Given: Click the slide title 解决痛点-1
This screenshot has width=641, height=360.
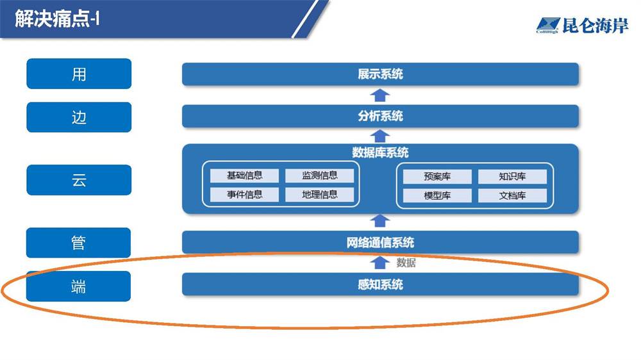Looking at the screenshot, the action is tap(57, 19).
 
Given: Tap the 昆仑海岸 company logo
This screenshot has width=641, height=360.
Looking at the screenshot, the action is tap(582, 26).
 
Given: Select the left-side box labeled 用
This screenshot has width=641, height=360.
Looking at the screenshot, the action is tap(79, 74).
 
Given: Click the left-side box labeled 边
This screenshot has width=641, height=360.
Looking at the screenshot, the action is tap(79, 117).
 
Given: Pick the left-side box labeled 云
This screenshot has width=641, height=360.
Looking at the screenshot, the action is tap(79, 180).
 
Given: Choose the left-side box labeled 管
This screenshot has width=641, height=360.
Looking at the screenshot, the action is tap(78, 243).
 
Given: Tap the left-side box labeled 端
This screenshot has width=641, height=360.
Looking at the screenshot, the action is tap(78, 286).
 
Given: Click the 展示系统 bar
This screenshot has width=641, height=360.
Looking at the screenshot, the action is tap(380, 74).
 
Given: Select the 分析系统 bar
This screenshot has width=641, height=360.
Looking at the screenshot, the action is tap(380, 116).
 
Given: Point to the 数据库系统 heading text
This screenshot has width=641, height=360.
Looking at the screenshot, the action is tap(380, 153).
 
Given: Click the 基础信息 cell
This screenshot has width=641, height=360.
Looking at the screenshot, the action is tap(244, 176).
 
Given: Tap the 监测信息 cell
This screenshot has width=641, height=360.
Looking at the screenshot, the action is tap(320, 176).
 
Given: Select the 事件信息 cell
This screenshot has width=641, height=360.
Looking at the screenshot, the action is tap(244, 195).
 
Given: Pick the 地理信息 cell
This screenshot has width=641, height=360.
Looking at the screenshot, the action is tap(320, 195).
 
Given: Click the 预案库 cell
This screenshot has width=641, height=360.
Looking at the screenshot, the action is tap(437, 177).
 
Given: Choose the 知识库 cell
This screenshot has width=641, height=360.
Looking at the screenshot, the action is tap(512, 177).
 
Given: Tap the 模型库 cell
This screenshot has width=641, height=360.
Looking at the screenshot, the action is tap(437, 196).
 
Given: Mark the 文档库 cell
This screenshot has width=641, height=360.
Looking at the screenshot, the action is tap(512, 196).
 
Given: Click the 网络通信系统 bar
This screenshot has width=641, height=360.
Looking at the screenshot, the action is tap(380, 242).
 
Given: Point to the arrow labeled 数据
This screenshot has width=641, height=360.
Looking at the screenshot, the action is tap(379, 263).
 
